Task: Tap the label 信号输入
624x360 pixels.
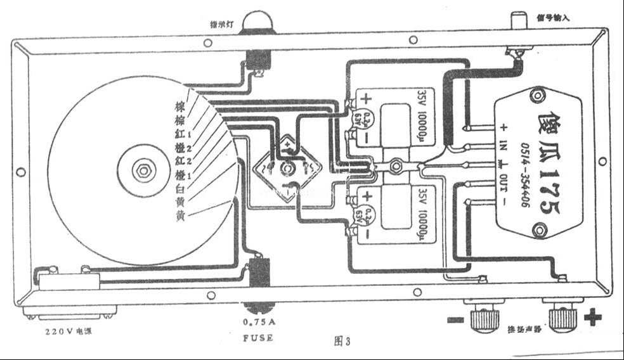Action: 554,18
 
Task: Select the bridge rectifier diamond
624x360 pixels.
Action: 289,168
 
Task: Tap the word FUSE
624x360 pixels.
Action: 258,338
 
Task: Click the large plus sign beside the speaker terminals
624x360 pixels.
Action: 591,316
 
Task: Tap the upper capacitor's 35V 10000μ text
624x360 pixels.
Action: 424,115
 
